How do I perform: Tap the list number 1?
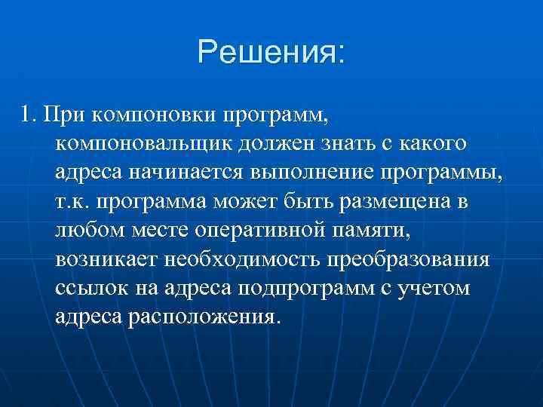29,115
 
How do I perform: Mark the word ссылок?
88,287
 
